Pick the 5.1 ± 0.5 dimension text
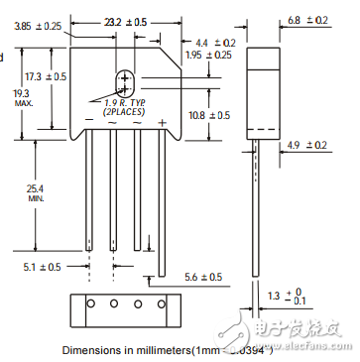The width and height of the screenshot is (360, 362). pos(43,266)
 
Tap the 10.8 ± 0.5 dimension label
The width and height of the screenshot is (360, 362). pos(208,115)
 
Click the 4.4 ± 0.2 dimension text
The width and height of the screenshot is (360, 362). pos(216,43)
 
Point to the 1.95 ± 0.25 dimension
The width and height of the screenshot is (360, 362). pos(209,56)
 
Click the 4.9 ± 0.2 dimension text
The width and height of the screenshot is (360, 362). pos(305,145)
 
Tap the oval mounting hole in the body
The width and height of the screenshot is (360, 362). pos(125,82)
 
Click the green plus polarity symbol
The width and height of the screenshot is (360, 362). pos(161,121)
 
